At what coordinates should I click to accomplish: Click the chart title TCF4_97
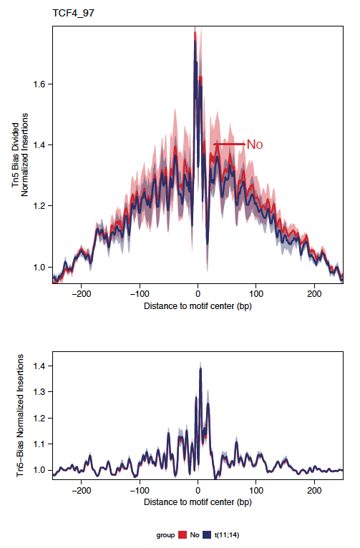tap(74, 14)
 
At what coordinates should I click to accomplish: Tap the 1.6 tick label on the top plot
tap(39, 84)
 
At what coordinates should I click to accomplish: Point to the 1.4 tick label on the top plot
tap(39, 145)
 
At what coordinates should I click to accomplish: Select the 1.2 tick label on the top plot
tap(39, 206)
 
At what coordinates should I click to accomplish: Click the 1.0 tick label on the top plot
tap(39, 267)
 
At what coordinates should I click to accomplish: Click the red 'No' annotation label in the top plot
tap(255, 145)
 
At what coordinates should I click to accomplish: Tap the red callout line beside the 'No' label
tap(230, 144)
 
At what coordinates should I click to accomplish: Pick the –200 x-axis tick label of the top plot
tap(81, 293)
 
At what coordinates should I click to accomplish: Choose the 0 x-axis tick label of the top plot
tap(198, 293)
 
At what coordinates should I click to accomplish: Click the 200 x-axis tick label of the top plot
tap(314, 293)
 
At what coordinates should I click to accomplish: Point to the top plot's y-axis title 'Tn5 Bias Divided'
tap(15, 155)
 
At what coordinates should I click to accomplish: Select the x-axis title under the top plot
tap(198, 306)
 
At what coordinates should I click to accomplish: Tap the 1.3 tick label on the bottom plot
tap(39, 392)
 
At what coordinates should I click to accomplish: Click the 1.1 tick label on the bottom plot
tap(39, 444)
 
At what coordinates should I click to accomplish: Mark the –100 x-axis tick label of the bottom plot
tap(140, 491)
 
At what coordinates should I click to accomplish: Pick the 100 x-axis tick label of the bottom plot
tap(256, 491)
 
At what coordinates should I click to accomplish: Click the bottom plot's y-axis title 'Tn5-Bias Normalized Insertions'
tap(20, 416)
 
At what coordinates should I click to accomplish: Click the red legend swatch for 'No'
tap(183, 534)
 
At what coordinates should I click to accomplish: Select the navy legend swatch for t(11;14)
tap(207, 534)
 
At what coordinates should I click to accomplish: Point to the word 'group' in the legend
tap(165, 535)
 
